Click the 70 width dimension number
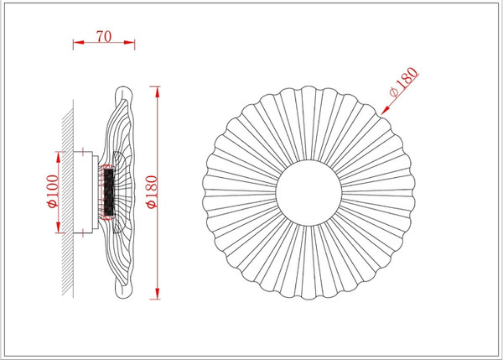(105, 36)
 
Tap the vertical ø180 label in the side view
(151, 192)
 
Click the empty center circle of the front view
(309, 193)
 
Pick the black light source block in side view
(108, 193)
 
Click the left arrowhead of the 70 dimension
(75, 42)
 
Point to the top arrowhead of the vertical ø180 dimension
(158, 87)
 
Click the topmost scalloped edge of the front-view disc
(309, 86)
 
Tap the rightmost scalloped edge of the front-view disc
(416, 193)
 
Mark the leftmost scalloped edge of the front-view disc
(203, 193)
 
